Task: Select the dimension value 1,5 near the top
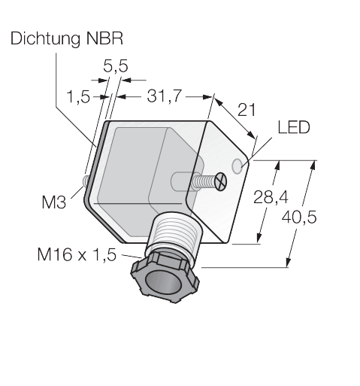[x=79, y=96]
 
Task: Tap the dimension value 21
[x=246, y=110]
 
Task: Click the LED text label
[x=294, y=128]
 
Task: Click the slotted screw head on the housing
[x=220, y=181]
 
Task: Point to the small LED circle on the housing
[x=240, y=165]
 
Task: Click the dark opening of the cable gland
[x=166, y=283]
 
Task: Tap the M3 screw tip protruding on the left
[x=86, y=181]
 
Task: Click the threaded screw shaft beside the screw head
[x=199, y=181]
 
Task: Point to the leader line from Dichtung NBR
[x=71, y=98]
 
